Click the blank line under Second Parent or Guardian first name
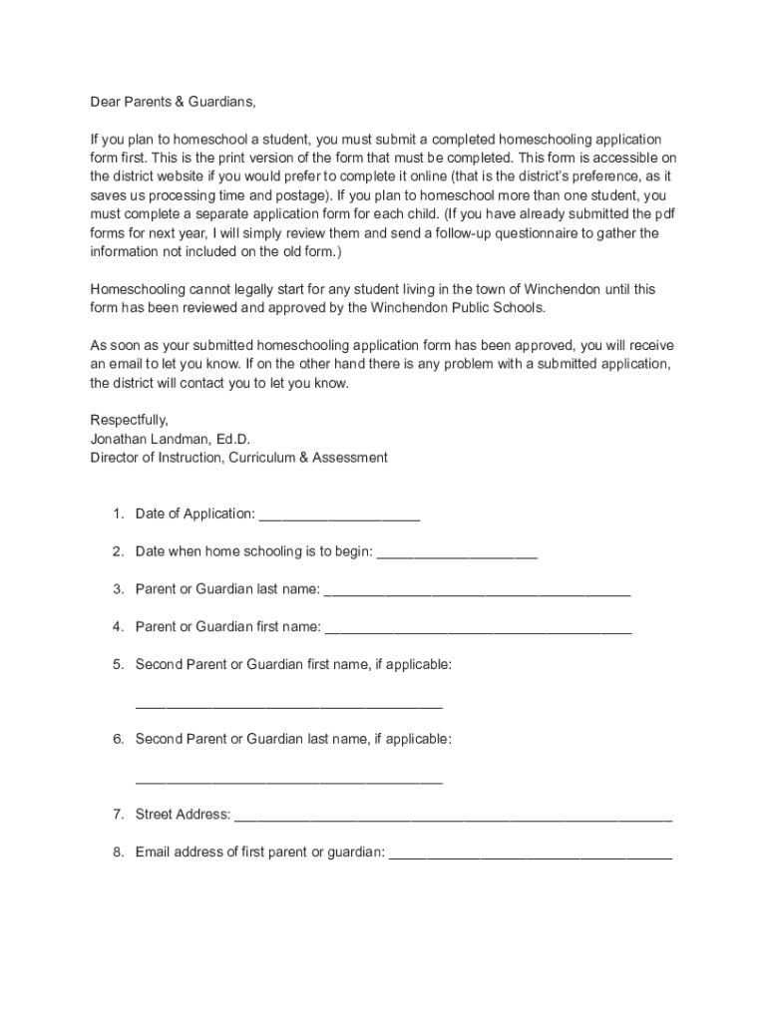pos(288,706)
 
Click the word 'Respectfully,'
pos(130,420)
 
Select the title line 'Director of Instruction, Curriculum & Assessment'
pos(239,458)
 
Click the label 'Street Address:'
pos(183,815)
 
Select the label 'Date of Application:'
pos(195,513)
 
